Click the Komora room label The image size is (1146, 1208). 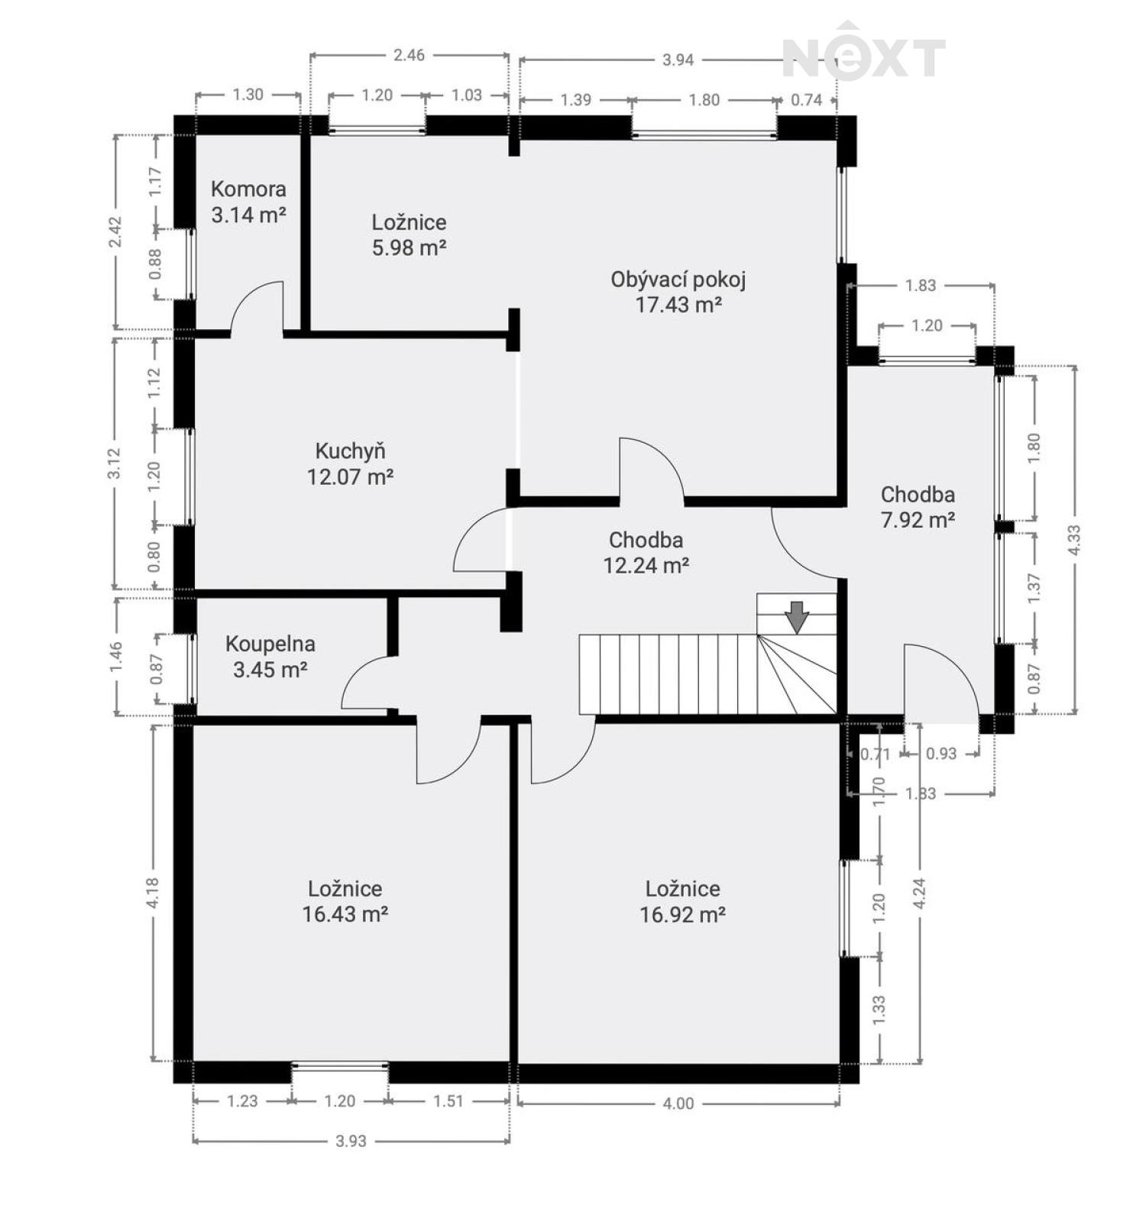pos(248,189)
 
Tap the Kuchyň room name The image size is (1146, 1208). pos(350,451)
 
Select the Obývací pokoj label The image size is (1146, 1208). pos(678,280)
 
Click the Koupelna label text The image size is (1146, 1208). pos(270,644)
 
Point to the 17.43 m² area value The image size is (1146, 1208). pos(679,305)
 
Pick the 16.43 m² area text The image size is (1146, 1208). pos(345,914)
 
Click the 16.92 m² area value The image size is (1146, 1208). pos(682,914)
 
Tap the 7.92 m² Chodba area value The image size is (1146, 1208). pos(918,520)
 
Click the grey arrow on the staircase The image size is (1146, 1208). pos(798,617)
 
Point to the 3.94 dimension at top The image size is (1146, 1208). pos(678,60)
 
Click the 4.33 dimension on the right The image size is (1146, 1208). pos(1074,541)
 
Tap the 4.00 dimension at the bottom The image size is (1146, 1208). pos(678,1103)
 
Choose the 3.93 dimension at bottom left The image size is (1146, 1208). pos(351,1141)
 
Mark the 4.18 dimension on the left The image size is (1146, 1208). pos(152,893)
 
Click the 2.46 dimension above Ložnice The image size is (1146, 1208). pos(409,55)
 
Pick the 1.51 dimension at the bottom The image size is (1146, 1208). pos(448,1101)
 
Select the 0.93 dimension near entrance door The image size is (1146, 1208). pos(941,754)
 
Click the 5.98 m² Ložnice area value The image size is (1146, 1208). pos(410,248)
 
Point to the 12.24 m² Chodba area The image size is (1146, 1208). pos(646,566)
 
